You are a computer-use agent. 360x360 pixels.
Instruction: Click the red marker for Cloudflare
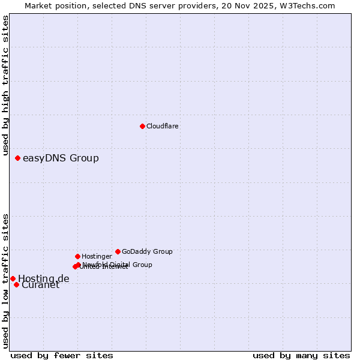click(x=142, y=126)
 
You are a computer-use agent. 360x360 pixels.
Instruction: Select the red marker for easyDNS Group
click(x=17, y=158)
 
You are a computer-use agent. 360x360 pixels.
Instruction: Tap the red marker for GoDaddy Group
click(x=118, y=251)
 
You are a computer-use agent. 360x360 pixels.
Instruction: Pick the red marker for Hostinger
click(x=77, y=256)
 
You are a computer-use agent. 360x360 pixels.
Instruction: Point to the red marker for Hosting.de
click(x=13, y=278)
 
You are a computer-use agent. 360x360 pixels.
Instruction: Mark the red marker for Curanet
click(x=16, y=284)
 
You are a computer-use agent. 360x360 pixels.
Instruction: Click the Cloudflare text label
click(x=163, y=126)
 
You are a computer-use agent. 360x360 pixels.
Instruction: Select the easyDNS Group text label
click(x=61, y=158)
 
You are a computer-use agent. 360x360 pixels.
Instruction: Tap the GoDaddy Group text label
click(x=147, y=251)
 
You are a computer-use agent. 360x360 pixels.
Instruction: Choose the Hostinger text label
click(x=97, y=256)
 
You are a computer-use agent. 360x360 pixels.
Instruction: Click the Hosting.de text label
click(x=44, y=278)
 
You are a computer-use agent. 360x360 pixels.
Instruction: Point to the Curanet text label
click(x=41, y=285)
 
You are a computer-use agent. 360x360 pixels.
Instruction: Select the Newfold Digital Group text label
click(x=118, y=265)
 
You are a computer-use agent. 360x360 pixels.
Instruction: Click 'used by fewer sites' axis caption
click(x=62, y=356)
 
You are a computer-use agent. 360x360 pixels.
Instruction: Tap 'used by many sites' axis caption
click(x=301, y=356)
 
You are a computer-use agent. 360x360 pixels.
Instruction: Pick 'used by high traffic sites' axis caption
click(x=6, y=86)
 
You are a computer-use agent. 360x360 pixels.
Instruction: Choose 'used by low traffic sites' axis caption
click(x=6, y=280)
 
